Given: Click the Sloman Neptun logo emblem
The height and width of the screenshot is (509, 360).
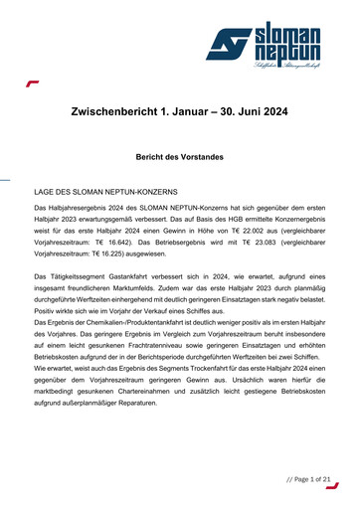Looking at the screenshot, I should [x=228, y=45].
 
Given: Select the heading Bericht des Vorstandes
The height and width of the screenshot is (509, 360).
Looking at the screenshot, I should [x=180, y=156].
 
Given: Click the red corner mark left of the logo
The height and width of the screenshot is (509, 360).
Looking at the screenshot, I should [x=32, y=85].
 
